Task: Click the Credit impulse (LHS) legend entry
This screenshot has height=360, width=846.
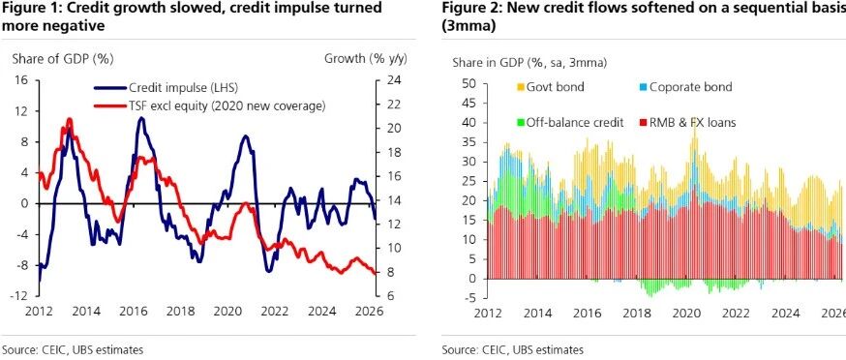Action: [x=166, y=87]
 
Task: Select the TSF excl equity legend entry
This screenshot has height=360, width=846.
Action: [x=210, y=105]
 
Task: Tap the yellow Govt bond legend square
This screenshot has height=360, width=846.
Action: [x=521, y=87]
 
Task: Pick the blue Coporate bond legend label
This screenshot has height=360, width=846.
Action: [x=690, y=87]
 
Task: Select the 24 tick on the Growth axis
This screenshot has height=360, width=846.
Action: [x=394, y=80]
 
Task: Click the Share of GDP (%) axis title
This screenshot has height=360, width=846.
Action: [x=63, y=59]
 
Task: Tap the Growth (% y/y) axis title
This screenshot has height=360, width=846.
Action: [x=365, y=59]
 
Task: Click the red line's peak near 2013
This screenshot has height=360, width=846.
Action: [x=69, y=118]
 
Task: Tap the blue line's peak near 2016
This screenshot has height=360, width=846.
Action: [x=140, y=117]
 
